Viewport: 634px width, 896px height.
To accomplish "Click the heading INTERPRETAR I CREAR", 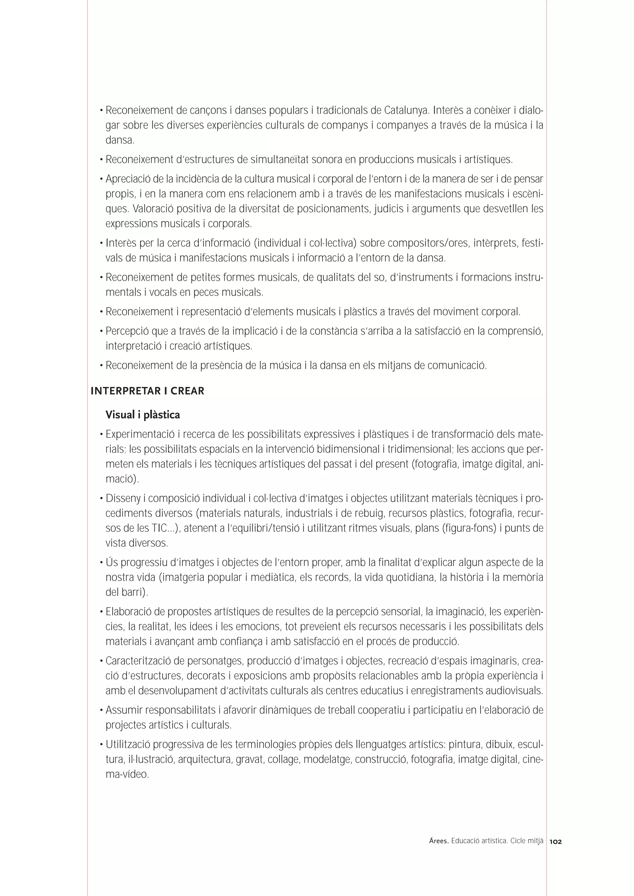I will pyautogui.click(x=147, y=391).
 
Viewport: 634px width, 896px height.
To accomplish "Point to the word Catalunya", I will pyautogui.click(x=406, y=110).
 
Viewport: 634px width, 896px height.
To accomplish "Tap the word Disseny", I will pyautogui.click(x=123, y=499).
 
